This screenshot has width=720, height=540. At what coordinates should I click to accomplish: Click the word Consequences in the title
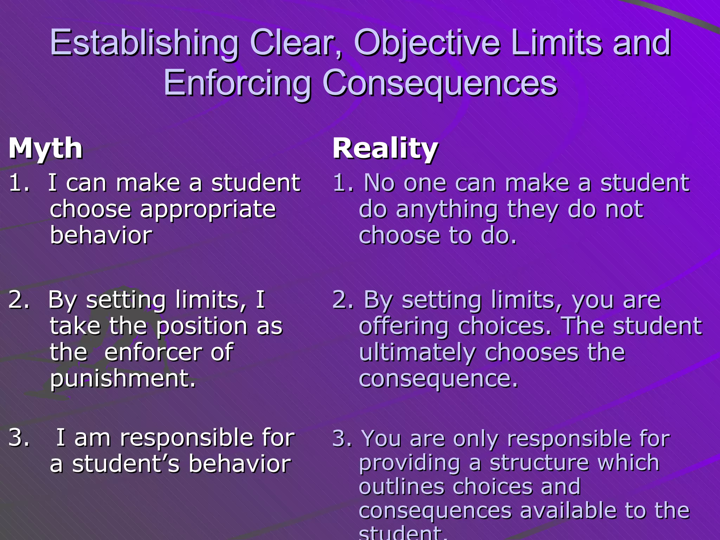(439, 84)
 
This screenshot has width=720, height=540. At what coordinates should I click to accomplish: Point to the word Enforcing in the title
(237, 84)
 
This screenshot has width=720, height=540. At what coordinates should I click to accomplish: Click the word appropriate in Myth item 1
(208, 210)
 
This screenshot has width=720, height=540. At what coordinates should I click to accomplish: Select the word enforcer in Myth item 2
(153, 352)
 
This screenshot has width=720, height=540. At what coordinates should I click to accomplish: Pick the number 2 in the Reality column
(341, 300)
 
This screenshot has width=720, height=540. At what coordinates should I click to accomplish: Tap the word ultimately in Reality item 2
(417, 352)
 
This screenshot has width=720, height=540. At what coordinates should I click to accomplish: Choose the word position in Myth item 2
(201, 326)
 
